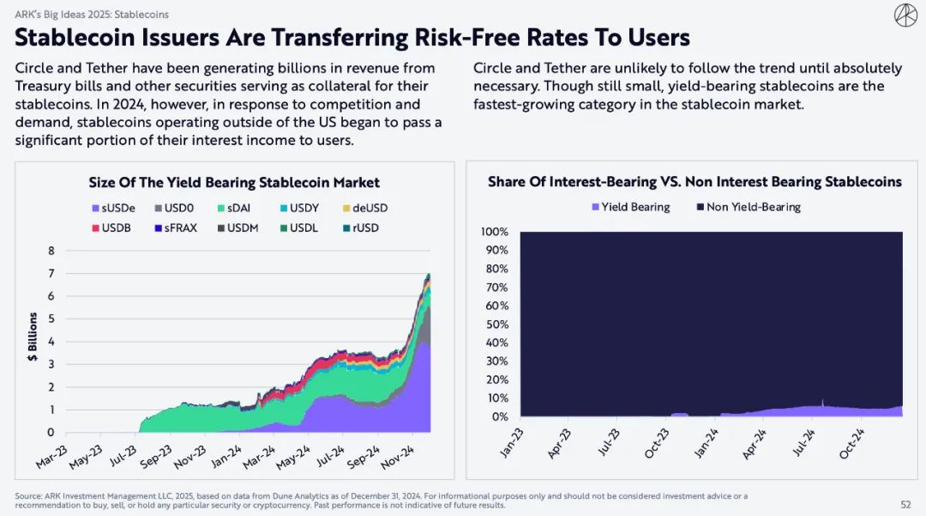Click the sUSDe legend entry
112,208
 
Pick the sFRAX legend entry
177,228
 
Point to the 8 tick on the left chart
51,251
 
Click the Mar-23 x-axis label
51,458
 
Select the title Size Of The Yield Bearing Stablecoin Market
234,182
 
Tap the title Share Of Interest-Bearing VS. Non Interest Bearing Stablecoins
694,182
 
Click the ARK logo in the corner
905,15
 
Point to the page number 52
905,505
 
